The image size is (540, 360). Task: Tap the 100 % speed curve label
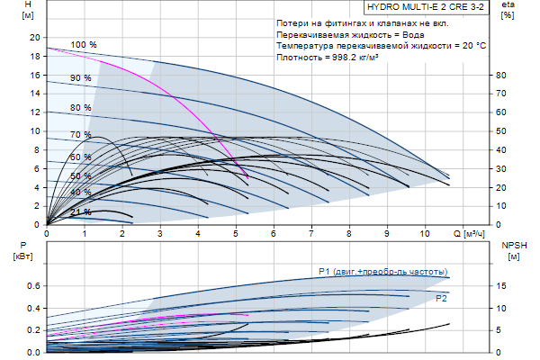84,45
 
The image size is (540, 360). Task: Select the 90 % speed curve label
81,78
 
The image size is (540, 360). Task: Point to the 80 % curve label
81,108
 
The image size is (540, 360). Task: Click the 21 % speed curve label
81,211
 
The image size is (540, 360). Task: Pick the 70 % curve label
81,135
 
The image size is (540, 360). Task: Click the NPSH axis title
512,249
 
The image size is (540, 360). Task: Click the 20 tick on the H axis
35,38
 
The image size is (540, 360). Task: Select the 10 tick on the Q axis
426,233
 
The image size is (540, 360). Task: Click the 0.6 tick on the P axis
33,286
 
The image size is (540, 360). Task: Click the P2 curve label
441,297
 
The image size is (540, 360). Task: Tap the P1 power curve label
382,272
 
